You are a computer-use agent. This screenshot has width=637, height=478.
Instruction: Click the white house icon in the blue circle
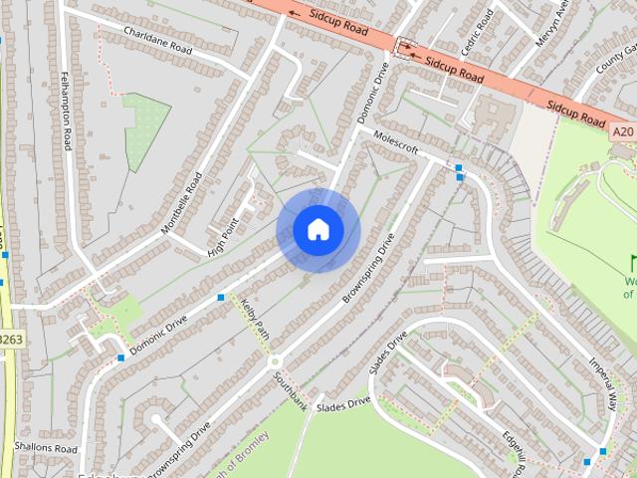pos(318,229)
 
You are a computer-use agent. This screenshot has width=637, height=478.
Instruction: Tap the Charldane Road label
pos(156,39)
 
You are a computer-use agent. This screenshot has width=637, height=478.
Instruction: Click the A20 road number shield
pos(623,131)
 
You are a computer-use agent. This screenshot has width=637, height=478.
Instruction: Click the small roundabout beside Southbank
pos(274,361)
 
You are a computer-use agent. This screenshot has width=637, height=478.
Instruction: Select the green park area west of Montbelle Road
pos(145,129)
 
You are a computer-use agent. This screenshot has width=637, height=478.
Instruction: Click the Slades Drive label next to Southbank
pos(343,403)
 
